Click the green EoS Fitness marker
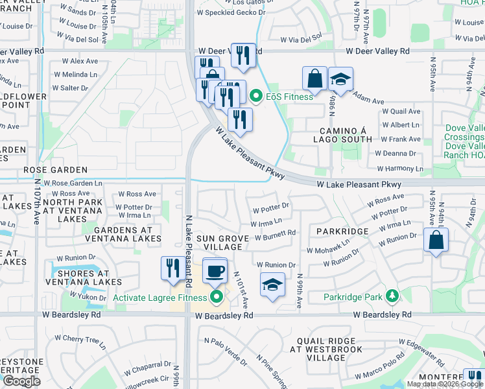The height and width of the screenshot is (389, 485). pos(256,97)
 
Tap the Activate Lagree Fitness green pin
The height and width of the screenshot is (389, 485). pos(217,298)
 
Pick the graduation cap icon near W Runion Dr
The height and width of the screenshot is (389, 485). pos(272,284)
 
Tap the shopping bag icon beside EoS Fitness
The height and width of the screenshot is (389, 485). pos(314,78)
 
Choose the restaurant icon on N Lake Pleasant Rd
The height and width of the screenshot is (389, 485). pos(172,267)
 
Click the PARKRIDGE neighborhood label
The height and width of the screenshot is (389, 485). pos(342,231)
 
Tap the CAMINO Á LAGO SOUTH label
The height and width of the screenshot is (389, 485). pos(342,134)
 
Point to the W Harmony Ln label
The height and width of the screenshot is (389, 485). pos(401,169)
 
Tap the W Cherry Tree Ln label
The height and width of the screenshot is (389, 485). pos(80,338)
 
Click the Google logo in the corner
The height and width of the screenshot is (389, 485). pos(21,381)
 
